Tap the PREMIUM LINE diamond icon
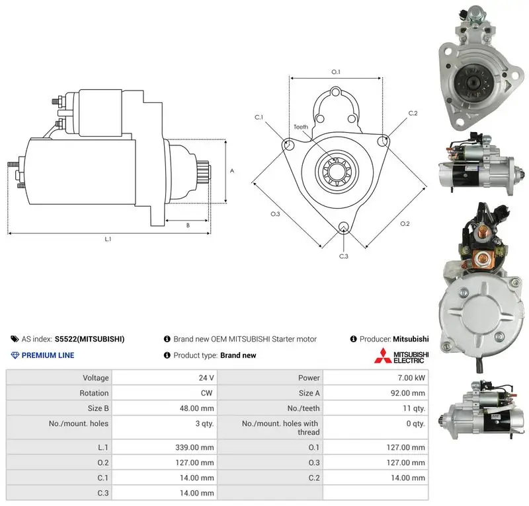(x=15, y=355)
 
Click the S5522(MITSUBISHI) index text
(x=89, y=339)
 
